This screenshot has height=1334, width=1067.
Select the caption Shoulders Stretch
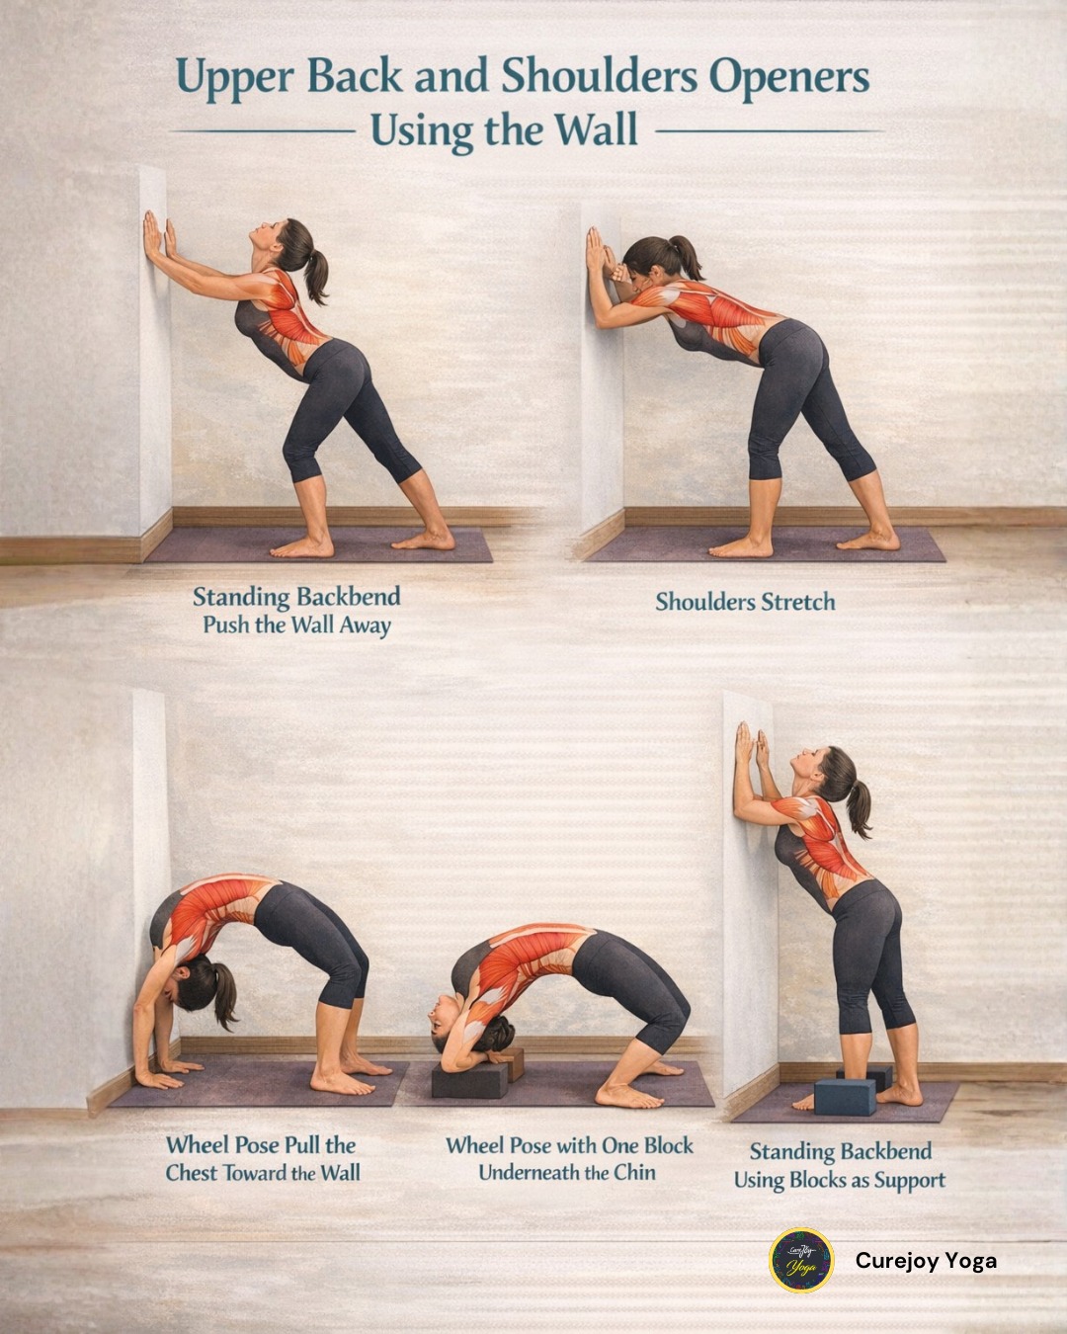(745, 602)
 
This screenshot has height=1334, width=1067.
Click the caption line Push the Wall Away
(297, 625)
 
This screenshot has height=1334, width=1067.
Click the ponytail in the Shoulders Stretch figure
(689, 256)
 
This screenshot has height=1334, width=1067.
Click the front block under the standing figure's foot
(845, 1097)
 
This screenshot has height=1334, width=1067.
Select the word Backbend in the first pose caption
(348, 597)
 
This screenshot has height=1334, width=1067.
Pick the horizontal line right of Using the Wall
(770, 131)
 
